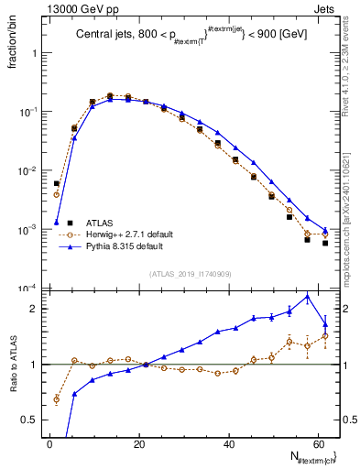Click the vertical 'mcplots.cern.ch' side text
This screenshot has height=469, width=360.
point(351,211)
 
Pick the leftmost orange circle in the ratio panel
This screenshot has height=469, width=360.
point(57,399)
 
